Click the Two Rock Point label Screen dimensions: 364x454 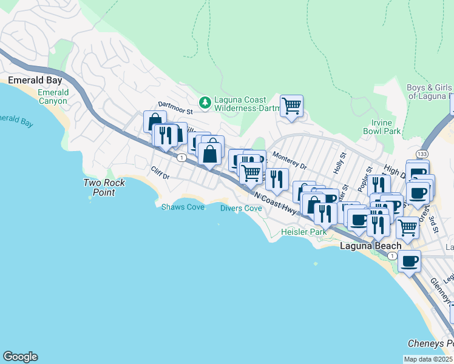[x=104, y=187]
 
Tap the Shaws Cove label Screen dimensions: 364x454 [x=183, y=207]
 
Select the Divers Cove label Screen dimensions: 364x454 [x=241, y=208]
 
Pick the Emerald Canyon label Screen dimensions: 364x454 [x=53, y=96]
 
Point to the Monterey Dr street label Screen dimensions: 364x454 [x=290, y=160]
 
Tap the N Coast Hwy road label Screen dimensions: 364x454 [x=276, y=203]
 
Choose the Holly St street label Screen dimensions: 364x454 [x=339, y=163]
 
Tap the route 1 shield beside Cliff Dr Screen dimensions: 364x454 [x=181, y=157]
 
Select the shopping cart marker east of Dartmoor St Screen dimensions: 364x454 [x=292, y=106]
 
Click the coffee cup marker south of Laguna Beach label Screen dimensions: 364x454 [x=410, y=261]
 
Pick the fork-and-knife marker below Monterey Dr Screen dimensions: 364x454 [x=277, y=179]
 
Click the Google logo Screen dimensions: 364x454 [x=20, y=357]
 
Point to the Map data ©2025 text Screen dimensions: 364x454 [x=428, y=359]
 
